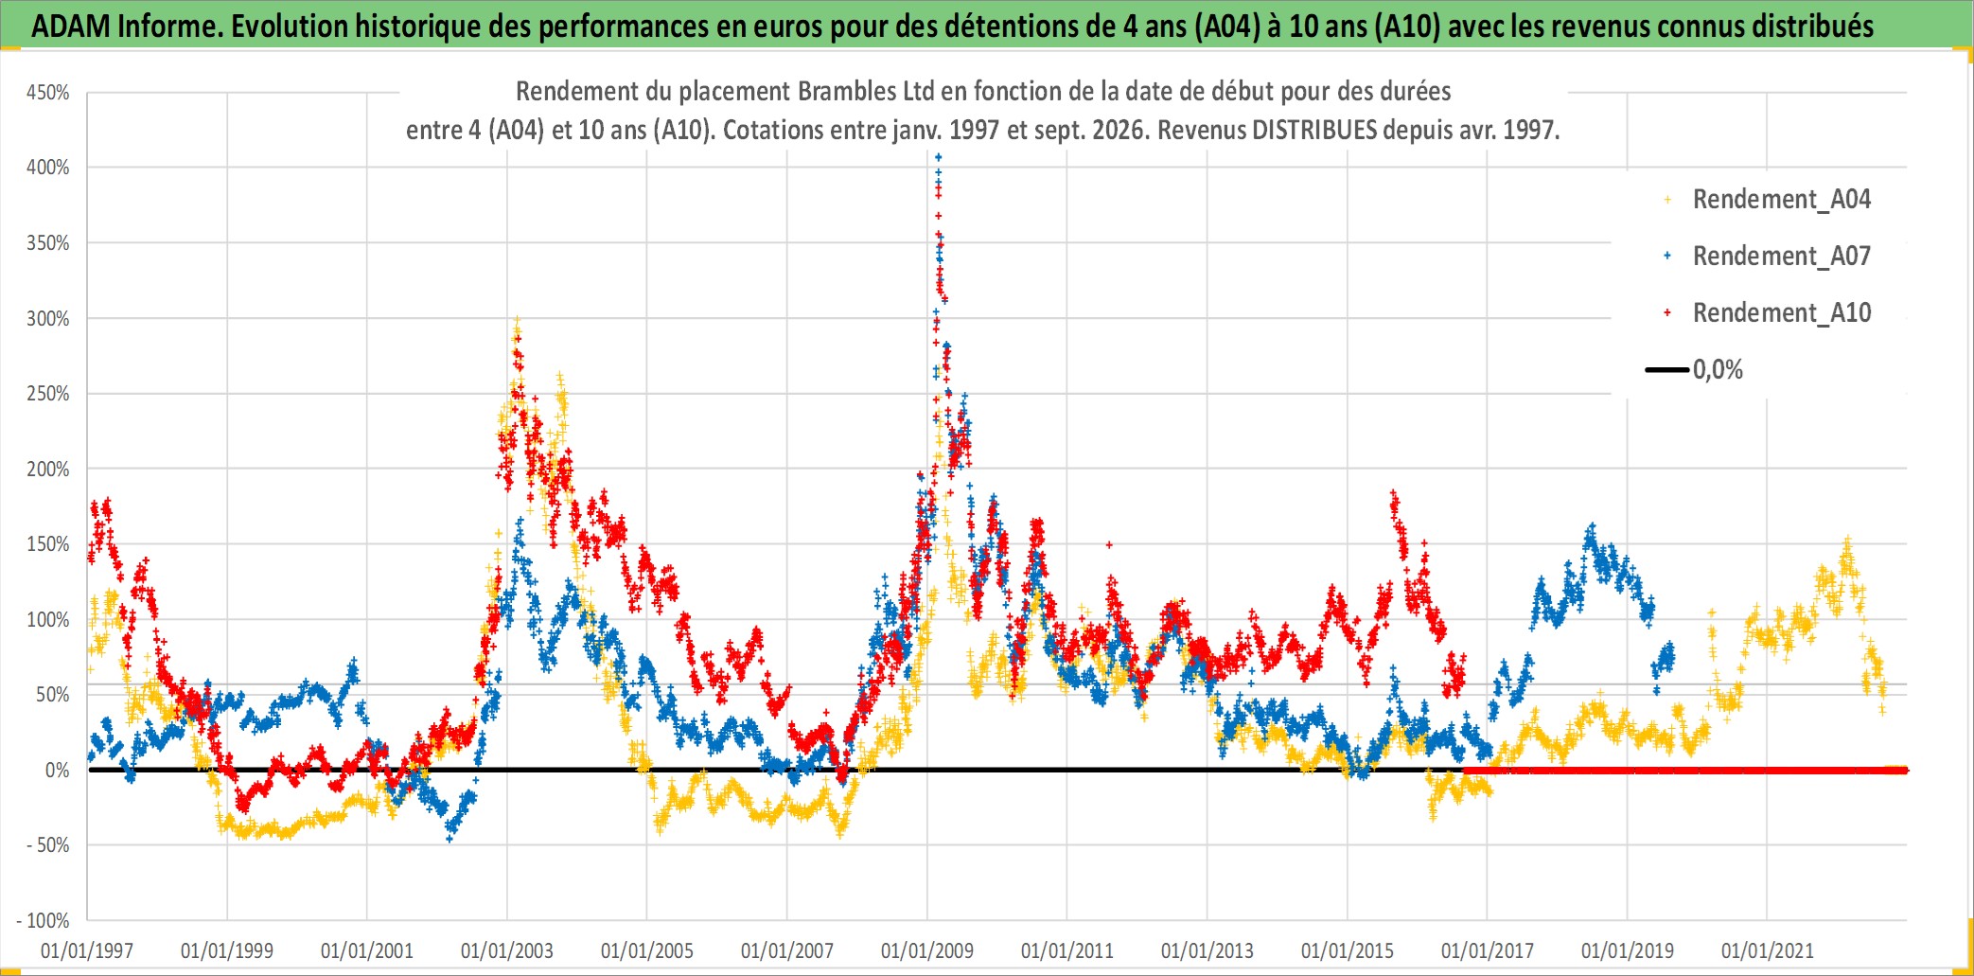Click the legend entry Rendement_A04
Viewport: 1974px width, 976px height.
point(1768,199)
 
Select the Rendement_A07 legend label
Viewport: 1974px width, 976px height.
point(1768,256)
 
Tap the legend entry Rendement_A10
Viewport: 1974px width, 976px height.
point(1768,312)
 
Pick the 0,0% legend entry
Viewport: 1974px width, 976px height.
point(1694,369)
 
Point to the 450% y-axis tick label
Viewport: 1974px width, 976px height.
point(48,93)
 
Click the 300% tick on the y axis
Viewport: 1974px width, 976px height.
point(48,318)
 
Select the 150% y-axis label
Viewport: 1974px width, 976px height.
point(48,544)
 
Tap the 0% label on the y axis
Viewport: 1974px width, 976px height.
point(58,771)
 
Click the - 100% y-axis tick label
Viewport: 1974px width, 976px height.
point(44,920)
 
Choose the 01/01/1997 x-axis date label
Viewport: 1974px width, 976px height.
point(87,950)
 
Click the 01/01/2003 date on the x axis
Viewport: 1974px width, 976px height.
point(507,950)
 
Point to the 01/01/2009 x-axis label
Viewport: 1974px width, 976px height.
point(927,950)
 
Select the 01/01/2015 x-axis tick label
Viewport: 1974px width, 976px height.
point(1348,950)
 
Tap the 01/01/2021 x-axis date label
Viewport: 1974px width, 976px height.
point(1768,950)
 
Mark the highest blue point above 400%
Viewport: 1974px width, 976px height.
point(938,157)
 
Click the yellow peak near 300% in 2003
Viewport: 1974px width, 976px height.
point(516,322)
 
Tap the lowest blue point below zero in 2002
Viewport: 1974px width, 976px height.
point(449,839)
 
